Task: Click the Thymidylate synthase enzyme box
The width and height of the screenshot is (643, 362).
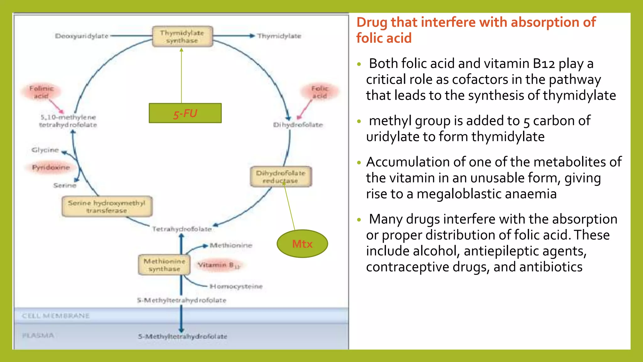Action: (x=182, y=36)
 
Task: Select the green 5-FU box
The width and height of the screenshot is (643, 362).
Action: (x=185, y=113)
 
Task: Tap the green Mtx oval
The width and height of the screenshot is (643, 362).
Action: (x=302, y=244)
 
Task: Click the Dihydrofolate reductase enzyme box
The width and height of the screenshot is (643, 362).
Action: (x=281, y=177)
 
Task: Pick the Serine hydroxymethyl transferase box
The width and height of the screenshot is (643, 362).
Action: (x=107, y=206)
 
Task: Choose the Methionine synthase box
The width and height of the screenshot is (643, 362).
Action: (x=164, y=265)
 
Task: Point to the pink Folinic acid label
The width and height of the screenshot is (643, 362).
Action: (x=41, y=92)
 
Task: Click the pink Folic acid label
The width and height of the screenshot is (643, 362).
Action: (x=320, y=92)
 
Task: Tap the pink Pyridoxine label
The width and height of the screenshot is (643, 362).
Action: (x=51, y=167)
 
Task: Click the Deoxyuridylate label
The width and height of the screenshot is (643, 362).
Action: (x=82, y=36)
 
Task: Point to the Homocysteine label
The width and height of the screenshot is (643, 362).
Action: (x=236, y=286)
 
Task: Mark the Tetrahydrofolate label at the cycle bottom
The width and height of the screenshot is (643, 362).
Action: (x=182, y=229)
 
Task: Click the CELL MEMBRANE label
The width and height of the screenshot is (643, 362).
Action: (x=56, y=315)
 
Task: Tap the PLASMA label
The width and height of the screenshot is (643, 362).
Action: (x=38, y=336)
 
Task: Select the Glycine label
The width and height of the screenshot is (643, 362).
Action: (x=45, y=150)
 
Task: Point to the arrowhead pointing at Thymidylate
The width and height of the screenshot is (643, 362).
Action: (x=252, y=36)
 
